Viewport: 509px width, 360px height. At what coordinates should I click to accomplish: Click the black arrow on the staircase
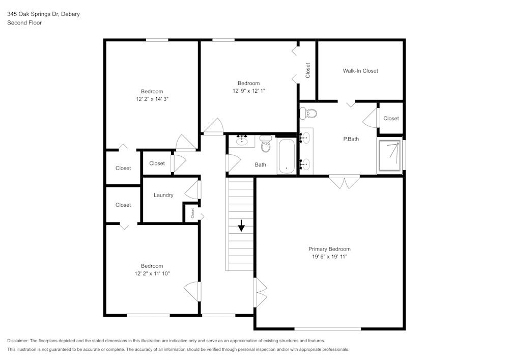coord(241,226)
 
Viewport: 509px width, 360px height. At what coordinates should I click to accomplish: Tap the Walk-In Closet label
coord(360,71)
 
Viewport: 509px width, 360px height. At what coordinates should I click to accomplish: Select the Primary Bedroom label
coord(329,249)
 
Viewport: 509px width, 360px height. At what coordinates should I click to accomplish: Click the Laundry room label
coord(163,195)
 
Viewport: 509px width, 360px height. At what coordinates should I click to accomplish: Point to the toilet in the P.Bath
coord(308,113)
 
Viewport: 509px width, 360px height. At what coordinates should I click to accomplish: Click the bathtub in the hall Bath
coord(286,156)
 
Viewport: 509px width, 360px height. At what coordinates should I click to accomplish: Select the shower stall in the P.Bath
coord(389,155)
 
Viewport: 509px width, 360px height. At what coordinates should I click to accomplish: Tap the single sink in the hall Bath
coord(241,141)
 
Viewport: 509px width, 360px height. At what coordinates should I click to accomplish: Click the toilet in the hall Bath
coord(266,144)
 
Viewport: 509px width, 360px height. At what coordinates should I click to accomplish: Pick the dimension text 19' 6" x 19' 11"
coord(329,257)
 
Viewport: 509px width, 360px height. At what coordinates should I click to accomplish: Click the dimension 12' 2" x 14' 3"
coord(152,99)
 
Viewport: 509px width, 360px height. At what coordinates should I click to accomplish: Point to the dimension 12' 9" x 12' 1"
coord(249,91)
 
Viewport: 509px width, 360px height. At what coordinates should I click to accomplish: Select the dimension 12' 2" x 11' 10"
coord(152,273)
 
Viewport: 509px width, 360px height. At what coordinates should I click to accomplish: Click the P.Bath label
coord(351,139)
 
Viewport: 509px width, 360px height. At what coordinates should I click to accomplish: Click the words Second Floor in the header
coord(24,23)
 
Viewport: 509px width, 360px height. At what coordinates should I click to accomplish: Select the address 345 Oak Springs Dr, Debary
coord(43,14)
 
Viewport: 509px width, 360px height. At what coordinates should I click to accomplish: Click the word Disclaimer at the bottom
coord(17,341)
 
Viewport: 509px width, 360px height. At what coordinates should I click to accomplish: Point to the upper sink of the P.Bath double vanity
coord(305,137)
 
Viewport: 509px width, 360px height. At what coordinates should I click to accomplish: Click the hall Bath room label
coord(260,164)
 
